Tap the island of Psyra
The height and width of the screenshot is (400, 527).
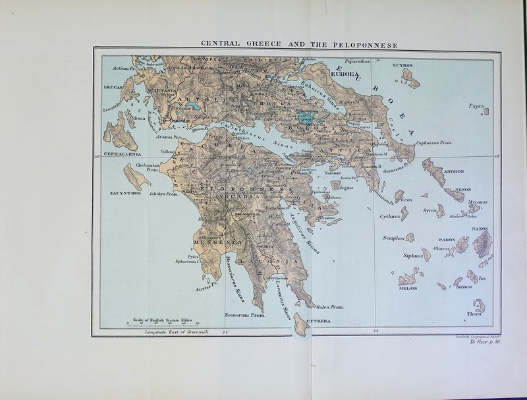pyautogui.click(x=485, y=111)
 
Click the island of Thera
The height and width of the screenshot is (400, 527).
pyautogui.click(x=479, y=306)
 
